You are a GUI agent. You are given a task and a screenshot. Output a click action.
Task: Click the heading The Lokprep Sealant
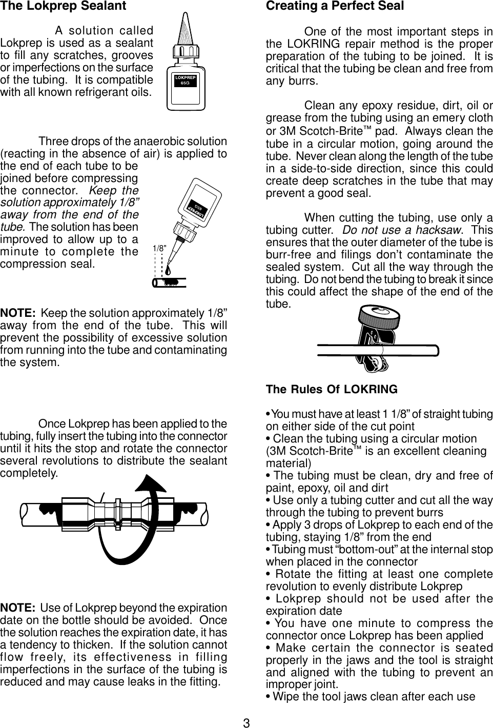(64, 7)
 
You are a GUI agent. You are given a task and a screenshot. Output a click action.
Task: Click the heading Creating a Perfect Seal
(335, 7)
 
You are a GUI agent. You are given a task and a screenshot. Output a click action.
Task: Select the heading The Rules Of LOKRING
(332, 389)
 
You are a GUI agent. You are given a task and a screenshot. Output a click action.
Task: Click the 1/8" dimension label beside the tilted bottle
(160, 248)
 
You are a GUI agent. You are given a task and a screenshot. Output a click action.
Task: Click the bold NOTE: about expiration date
(18, 609)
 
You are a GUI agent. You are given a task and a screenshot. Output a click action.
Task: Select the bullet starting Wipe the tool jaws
(370, 697)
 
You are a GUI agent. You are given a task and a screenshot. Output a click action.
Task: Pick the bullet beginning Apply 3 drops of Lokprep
(379, 524)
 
